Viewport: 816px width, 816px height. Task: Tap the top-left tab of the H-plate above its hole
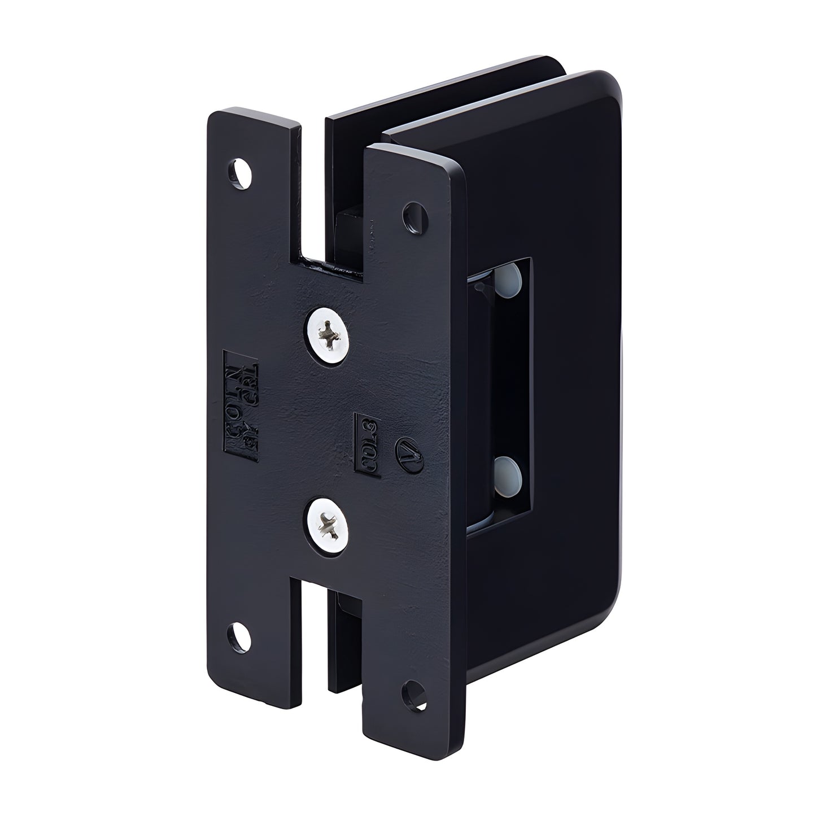click(x=251, y=133)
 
